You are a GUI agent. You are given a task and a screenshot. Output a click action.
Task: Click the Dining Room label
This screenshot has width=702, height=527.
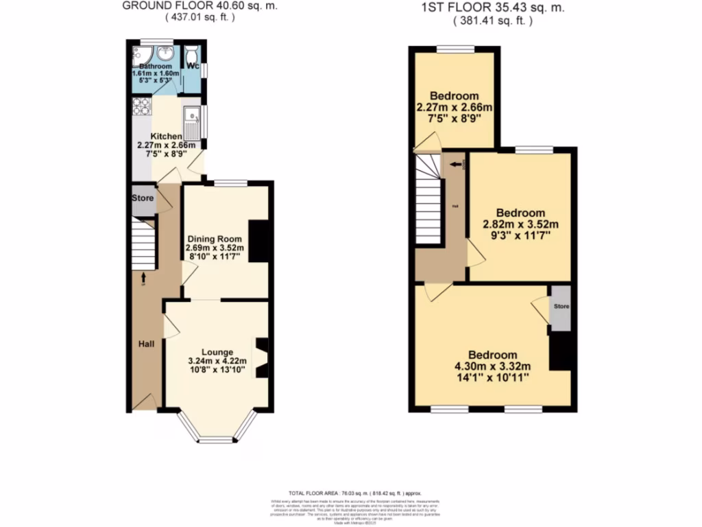pos(215,238)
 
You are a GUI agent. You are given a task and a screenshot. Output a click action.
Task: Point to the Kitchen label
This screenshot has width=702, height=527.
pos(167,136)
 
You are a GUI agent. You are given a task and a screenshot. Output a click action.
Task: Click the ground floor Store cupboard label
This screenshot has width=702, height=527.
pos(143,198)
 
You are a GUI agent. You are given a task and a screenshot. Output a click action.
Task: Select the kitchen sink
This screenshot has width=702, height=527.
pos(191,120)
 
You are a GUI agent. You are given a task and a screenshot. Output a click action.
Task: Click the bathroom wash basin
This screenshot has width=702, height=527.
pos(165,53)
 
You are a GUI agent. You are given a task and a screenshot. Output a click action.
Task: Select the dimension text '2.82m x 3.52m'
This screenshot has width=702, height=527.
pos(521,224)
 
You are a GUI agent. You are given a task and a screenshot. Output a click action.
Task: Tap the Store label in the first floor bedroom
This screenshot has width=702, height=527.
pos(561,306)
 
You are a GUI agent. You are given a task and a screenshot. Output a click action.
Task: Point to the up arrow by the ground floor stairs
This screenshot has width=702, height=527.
pos(144,277)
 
